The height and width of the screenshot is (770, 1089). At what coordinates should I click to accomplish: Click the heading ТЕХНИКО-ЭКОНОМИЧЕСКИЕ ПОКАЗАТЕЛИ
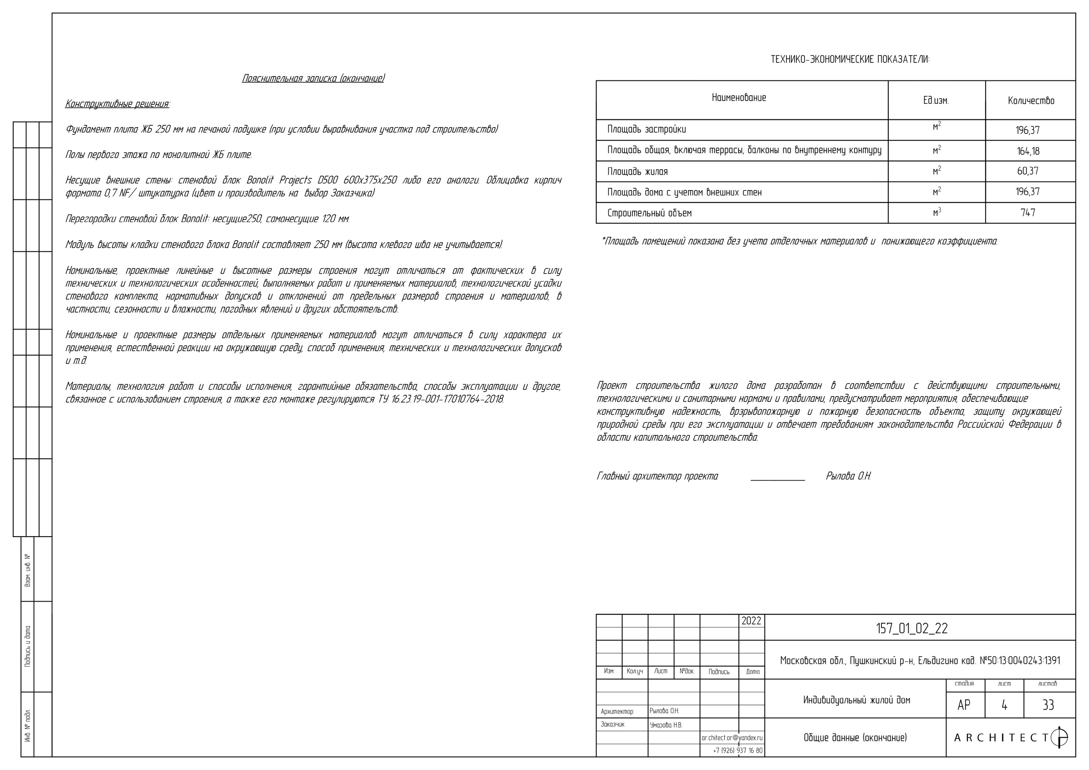(x=850, y=60)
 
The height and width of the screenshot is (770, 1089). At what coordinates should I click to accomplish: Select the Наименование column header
(x=739, y=98)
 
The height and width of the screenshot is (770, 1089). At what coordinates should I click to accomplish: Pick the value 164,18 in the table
(x=1028, y=151)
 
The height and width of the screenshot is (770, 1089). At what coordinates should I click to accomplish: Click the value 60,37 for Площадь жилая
(x=1028, y=171)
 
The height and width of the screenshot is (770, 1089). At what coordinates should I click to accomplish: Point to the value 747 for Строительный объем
(x=1028, y=213)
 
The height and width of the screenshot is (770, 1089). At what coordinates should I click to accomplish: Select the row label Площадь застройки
(x=647, y=129)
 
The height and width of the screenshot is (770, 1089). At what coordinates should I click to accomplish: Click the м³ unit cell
(x=937, y=213)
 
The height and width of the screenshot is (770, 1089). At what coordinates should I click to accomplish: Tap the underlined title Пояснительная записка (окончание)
(x=313, y=78)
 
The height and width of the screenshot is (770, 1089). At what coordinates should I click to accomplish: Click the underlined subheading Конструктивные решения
(x=117, y=104)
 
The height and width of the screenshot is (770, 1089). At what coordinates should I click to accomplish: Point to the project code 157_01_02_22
(x=911, y=629)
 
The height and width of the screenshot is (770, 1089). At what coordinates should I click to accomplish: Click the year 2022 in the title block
(x=751, y=621)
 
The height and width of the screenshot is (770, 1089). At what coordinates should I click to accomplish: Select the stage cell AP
(x=964, y=705)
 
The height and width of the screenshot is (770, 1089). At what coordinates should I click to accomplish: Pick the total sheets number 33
(x=1048, y=705)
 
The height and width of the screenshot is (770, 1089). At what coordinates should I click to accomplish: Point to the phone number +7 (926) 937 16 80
(x=738, y=750)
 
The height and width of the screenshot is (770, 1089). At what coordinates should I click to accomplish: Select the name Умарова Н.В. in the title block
(x=666, y=725)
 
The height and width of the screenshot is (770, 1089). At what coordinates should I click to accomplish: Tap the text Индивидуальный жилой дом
(x=857, y=700)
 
